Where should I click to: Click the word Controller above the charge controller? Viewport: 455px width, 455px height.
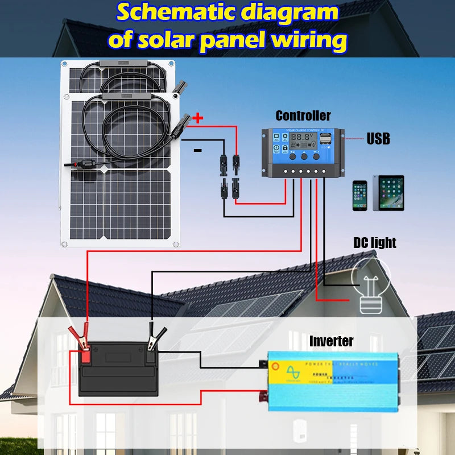[x=303, y=116]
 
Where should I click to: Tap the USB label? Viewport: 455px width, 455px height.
[x=378, y=138]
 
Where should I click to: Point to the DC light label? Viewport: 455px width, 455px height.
[x=374, y=243]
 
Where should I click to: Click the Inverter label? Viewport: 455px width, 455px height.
[x=331, y=341]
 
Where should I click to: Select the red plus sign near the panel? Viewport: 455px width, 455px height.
[x=198, y=119]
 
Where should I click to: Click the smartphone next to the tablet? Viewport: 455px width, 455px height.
[x=359, y=196]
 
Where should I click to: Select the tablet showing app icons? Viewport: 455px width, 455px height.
[x=388, y=193]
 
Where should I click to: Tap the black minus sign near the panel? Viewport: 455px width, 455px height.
[x=198, y=150]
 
